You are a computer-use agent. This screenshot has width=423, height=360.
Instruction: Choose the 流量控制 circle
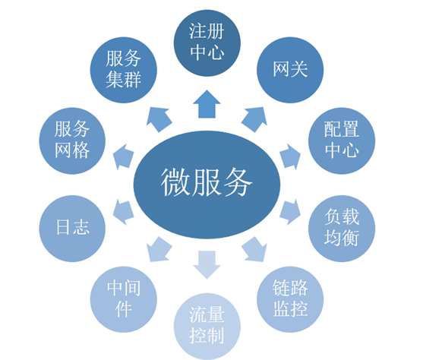pyautogui.click(x=207, y=324)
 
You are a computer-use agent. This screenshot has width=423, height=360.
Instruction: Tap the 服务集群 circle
pyautogui.click(x=123, y=70)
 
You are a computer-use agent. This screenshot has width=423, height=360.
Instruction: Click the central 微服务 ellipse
pyautogui.click(x=207, y=182)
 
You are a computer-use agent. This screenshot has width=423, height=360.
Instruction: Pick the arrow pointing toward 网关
pyautogui.click(x=255, y=118)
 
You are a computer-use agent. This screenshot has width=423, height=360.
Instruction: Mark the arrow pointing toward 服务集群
pyautogui.click(x=159, y=118)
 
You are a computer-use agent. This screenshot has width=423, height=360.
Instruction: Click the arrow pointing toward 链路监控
pyautogui.click(x=255, y=248)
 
